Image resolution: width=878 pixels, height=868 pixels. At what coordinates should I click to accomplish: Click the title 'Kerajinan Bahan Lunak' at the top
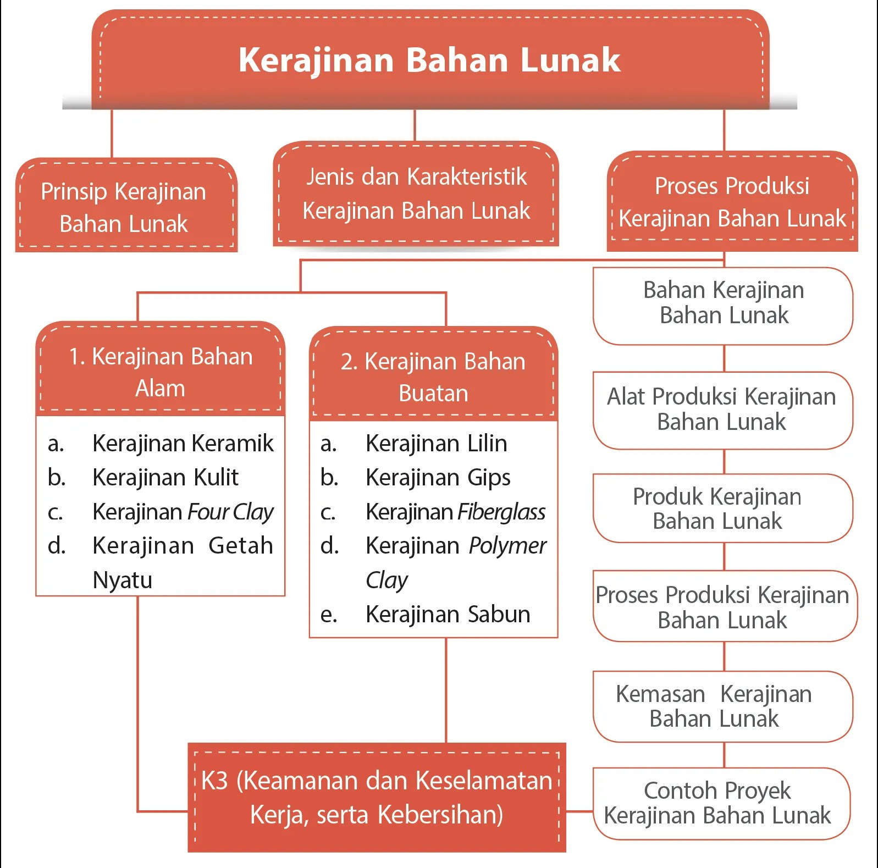tap(429, 59)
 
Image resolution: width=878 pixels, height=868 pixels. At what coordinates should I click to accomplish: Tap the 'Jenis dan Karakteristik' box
tap(416, 193)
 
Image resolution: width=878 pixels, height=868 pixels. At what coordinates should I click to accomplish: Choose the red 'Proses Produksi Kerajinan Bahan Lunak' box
tap(732, 202)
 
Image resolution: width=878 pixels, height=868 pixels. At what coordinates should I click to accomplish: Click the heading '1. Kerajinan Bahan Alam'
tap(161, 372)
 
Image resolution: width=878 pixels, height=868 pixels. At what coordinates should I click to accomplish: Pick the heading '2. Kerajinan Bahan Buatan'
tap(433, 377)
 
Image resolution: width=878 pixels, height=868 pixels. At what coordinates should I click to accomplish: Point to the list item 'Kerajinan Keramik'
tap(183, 443)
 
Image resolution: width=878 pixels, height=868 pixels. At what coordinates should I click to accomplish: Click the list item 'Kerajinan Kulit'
tap(165, 477)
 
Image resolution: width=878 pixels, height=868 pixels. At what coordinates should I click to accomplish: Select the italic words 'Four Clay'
tap(230, 512)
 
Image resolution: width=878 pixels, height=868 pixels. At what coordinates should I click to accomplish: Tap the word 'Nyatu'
tap(122, 580)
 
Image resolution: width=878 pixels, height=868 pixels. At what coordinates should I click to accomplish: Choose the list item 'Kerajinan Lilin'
tap(436, 443)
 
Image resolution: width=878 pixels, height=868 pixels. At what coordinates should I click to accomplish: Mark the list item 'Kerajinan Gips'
tap(438, 477)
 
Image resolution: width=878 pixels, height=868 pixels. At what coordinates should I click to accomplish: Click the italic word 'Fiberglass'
tap(501, 512)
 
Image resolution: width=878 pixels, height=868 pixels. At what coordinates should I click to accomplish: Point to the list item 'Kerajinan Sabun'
tap(448, 614)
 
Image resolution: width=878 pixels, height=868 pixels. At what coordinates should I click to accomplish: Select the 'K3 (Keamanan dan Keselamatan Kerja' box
tap(377, 797)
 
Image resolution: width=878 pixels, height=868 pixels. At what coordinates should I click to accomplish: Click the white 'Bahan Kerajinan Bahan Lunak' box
tap(723, 303)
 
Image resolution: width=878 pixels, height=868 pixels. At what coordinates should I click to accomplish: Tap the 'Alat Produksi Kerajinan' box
tap(722, 410)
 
